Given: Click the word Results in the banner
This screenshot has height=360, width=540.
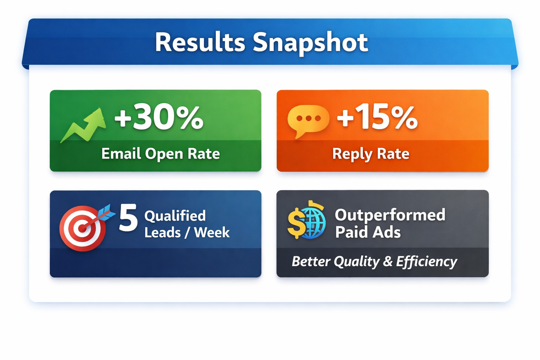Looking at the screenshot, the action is click(200, 43).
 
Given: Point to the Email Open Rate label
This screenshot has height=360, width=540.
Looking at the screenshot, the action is click(161, 154).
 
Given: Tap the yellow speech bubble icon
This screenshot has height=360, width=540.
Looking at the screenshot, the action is click(308, 121).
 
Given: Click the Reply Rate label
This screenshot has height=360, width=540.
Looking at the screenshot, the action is click(371, 154).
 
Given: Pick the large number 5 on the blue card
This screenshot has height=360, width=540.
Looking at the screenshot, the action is click(128, 218).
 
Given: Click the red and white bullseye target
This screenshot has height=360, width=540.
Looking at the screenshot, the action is click(83, 229).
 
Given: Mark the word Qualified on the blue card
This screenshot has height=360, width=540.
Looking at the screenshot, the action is click(175, 216).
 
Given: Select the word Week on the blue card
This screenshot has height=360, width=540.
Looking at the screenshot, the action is click(212, 232).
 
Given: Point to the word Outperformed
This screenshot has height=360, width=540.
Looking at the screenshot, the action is click(390, 215).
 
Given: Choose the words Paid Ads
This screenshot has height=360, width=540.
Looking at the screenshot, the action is click(368, 232).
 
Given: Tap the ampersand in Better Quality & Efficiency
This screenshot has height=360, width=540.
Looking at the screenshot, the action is click(388, 262).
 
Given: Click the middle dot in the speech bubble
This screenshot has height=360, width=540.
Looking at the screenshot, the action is click(309, 118).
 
